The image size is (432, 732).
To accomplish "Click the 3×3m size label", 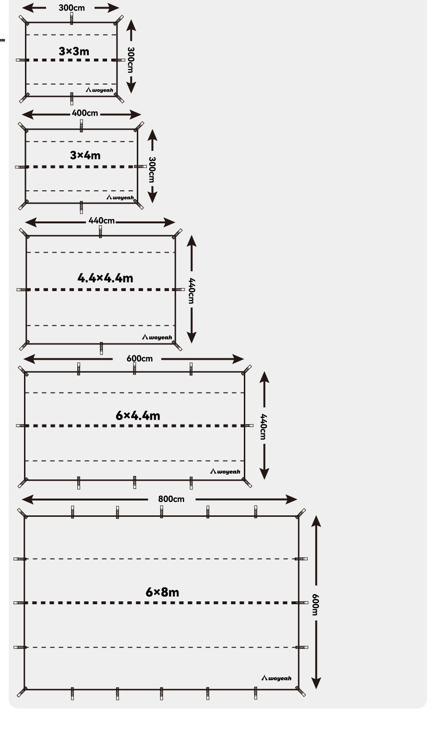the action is click(x=74, y=51).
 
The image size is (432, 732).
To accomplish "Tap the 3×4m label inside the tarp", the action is click(x=85, y=155).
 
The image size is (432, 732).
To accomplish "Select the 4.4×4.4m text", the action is click(x=105, y=278).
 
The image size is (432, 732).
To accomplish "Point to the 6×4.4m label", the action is click(x=138, y=415).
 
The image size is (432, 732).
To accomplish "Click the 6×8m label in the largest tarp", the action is click(x=162, y=592).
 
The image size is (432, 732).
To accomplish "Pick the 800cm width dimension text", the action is click(x=171, y=499).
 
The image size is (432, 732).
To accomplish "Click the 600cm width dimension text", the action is click(x=140, y=359).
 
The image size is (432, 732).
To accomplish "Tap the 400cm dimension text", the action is click(x=84, y=113).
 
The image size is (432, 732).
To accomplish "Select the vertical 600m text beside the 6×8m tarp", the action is click(x=315, y=604).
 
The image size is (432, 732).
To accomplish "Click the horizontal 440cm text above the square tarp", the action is click(x=102, y=221).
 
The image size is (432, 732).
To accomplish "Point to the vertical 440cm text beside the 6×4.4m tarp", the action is click(x=264, y=426).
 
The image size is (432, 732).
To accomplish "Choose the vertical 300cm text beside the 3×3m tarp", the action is click(x=131, y=60).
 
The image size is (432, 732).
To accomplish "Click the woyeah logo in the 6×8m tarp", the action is click(x=276, y=678).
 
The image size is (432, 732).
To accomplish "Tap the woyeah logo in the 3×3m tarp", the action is click(x=100, y=90).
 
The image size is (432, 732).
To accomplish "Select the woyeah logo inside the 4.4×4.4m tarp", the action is click(x=157, y=337).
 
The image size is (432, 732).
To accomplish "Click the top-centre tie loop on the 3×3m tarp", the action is click(x=72, y=19).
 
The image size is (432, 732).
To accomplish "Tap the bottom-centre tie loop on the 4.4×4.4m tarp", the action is click(x=101, y=347).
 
